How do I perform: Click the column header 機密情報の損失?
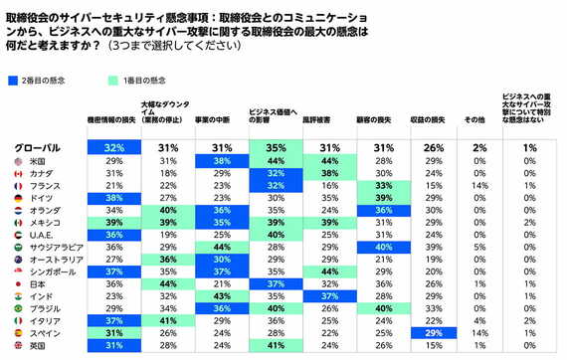[x=112, y=118]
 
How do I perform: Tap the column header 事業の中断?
[x=222, y=118]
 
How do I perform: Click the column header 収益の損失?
[x=433, y=118]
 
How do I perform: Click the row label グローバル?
[x=40, y=147]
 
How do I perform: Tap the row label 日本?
[x=39, y=282]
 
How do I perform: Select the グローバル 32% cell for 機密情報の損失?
[x=112, y=147]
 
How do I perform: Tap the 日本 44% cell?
[x=168, y=282]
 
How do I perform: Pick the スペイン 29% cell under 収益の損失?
[x=433, y=332]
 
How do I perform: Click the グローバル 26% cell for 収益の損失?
[x=433, y=147]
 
